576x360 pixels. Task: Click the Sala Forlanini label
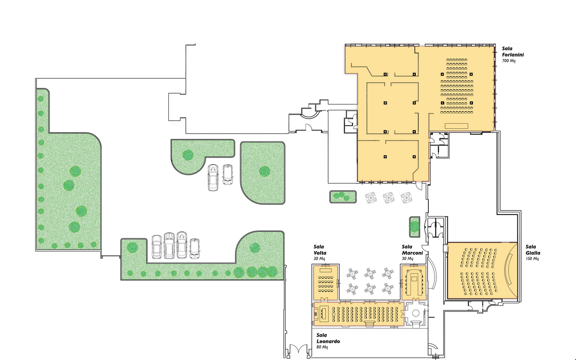click(513, 51)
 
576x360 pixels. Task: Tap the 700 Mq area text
click(508, 61)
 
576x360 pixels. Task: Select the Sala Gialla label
click(533, 250)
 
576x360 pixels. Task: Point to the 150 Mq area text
click(532, 258)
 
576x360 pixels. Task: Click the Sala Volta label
click(320, 250)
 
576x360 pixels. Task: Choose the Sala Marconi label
click(412, 250)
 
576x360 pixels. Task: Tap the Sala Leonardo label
click(328, 338)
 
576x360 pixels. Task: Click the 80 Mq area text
click(322, 347)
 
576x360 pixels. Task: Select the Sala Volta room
click(325, 283)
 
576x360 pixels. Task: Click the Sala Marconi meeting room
click(414, 283)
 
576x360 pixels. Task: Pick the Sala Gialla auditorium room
click(482, 270)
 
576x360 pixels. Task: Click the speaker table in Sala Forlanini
click(456, 126)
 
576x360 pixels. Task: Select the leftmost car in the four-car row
click(157, 247)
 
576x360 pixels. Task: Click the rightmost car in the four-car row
click(194, 248)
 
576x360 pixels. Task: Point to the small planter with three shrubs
click(343, 197)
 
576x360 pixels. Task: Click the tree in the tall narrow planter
click(414, 226)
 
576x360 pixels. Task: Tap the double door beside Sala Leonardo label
click(298, 349)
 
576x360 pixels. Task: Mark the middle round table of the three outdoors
click(388, 198)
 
